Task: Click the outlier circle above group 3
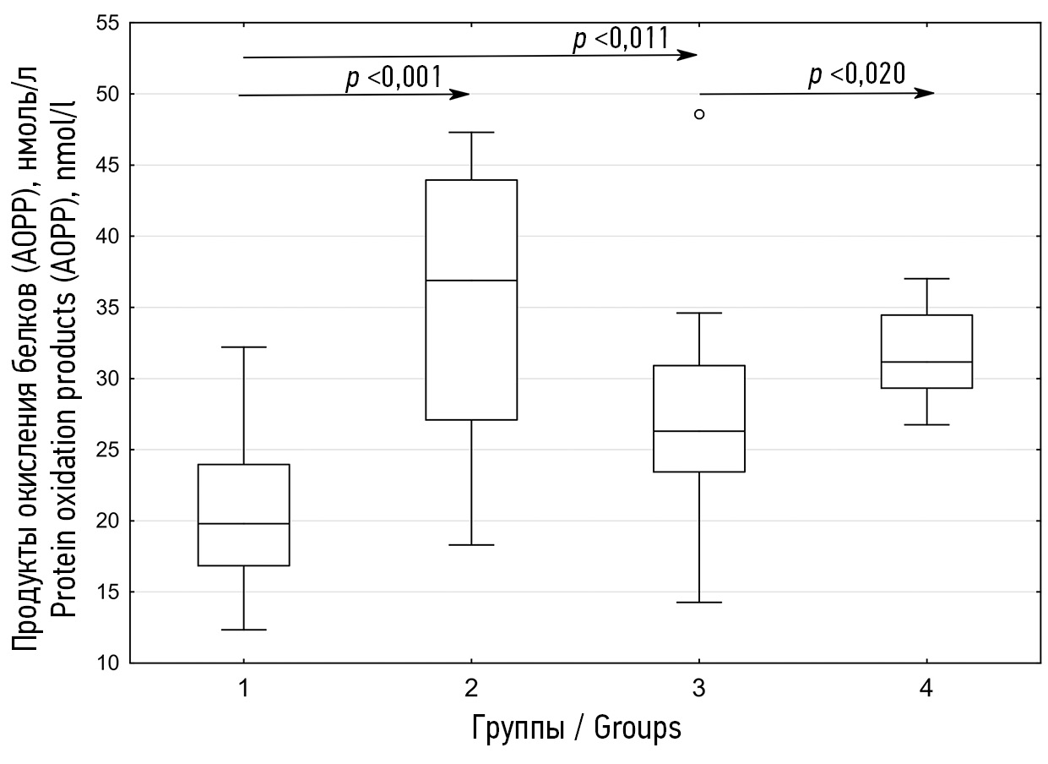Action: coord(699,114)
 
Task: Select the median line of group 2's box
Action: coord(471,280)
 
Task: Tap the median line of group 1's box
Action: coord(243,524)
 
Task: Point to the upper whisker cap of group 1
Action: coord(243,347)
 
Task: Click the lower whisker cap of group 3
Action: coord(699,603)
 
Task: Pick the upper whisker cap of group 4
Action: coord(926,278)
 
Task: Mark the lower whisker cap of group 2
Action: coord(471,545)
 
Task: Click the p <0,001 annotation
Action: coord(394,78)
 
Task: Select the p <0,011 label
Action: coord(622,39)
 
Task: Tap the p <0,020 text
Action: coord(857,74)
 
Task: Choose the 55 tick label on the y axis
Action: coord(106,23)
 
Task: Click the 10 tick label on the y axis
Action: coord(106,663)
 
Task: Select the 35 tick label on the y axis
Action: coord(106,308)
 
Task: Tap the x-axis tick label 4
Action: coord(926,690)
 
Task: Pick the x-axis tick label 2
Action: coord(471,690)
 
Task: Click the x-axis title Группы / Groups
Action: coord(576,728)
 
